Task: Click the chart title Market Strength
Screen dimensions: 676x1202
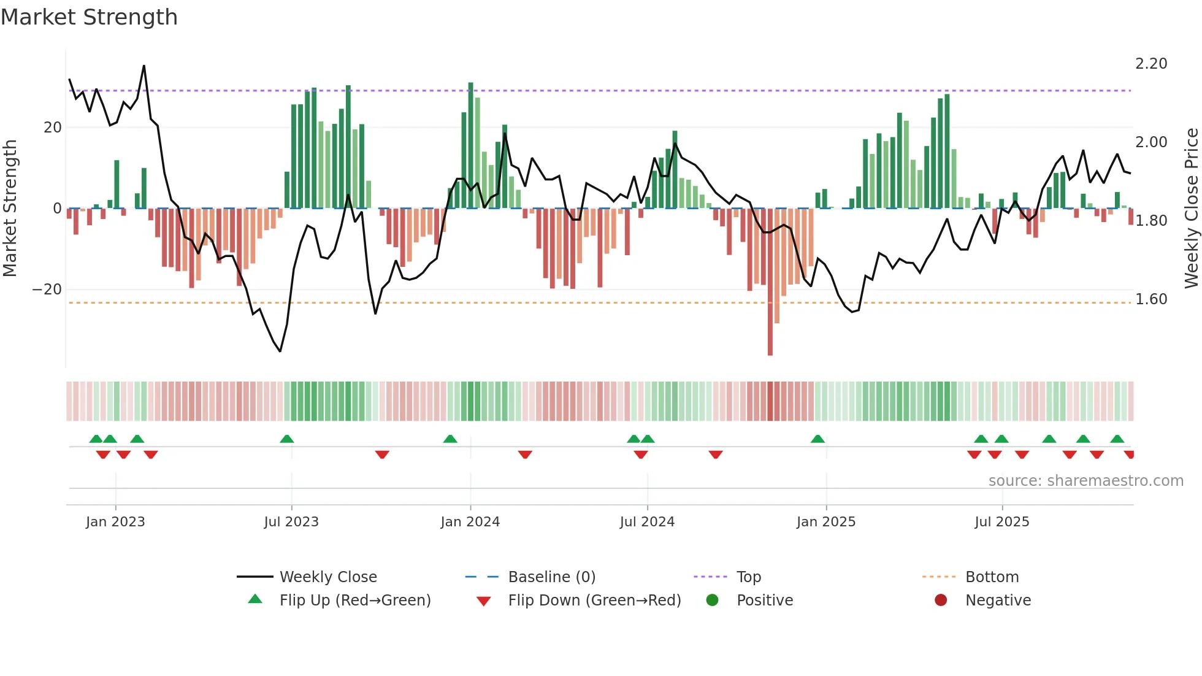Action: point(89,17)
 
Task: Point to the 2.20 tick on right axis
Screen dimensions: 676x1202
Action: point(1151,64)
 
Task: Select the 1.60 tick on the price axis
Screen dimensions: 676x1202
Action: point(1151,299)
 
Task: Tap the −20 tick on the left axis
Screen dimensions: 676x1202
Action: point(47,290)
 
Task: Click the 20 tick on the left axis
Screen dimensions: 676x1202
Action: point(53,128)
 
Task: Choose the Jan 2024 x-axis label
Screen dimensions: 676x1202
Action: point(470,522)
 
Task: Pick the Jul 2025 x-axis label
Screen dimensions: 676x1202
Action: point(1001,522)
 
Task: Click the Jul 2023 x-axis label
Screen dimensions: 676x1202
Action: point(291,522)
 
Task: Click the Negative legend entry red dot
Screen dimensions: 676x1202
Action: point(941,601)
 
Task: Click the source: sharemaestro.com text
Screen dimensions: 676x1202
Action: point(1085,481)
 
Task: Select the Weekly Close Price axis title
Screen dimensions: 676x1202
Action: point(1191,209)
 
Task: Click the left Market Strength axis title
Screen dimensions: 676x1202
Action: point(10,209)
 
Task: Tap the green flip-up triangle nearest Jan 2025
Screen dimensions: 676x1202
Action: point(817,439)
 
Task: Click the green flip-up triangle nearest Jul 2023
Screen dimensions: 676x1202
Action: point(286,439)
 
